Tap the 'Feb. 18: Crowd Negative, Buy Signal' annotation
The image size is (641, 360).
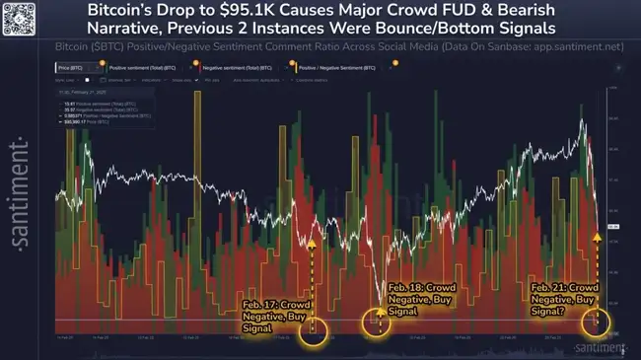418,298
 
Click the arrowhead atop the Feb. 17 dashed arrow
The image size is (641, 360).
313,242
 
